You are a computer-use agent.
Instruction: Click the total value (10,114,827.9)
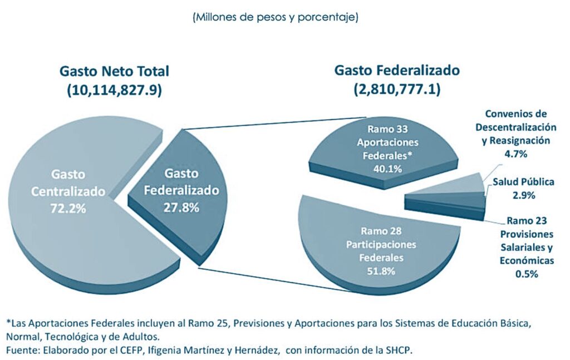114,91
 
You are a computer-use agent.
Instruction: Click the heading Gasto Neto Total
114,72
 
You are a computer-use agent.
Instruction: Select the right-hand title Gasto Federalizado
396,71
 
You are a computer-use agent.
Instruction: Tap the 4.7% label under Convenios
515,154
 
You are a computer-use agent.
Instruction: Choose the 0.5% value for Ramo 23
526,274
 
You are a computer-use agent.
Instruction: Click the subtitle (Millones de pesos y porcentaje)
275,17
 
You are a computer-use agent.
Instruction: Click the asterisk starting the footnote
8,322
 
